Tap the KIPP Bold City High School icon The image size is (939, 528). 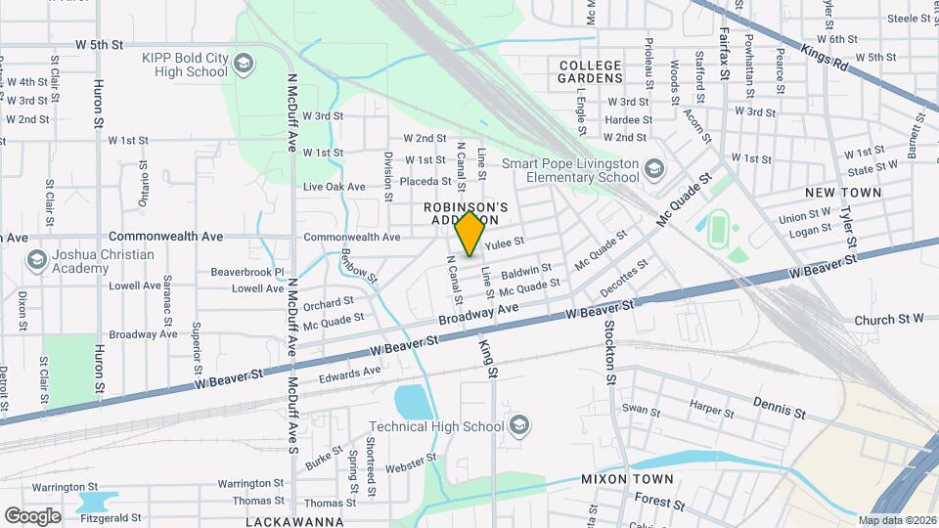[243, 65]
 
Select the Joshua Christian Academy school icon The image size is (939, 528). [37, 260]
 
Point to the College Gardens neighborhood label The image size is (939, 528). [590, 70]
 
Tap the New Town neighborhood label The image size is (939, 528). [843, 193]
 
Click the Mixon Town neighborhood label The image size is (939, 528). [627, 479]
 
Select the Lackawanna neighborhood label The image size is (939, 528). [294, 521]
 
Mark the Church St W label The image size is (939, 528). [888, 320]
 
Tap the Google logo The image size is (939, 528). [32, 515]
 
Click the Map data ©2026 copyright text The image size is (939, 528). [897, 520]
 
